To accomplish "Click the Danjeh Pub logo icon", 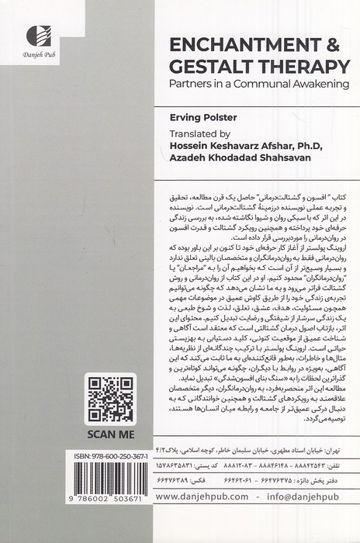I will pos(37,33).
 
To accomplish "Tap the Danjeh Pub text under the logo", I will pos(38,56).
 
